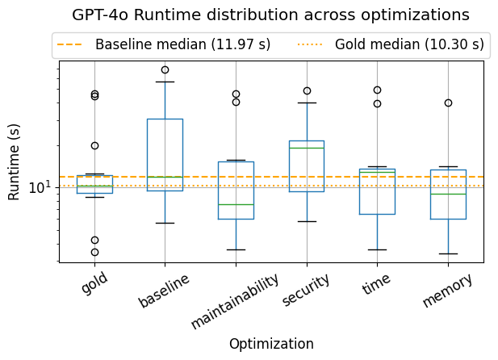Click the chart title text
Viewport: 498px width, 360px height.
[270, 15]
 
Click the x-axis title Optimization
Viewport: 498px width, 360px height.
[271, 344]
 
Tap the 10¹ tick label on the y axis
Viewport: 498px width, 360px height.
[40, 188]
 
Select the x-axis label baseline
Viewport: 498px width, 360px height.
[164, 290]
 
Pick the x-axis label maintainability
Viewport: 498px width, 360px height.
[235, 300]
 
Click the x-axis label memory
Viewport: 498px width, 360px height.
[447, 290]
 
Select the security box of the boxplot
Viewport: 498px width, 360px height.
[307, 165]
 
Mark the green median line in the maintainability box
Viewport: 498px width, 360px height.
[236, 204]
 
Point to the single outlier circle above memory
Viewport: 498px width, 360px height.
[448, 103]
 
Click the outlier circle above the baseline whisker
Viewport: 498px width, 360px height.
[165, 69]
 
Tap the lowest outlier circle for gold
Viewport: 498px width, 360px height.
[94, 252]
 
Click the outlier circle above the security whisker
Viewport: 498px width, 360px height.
[307, 90]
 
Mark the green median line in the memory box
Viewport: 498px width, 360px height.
[448, 194]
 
